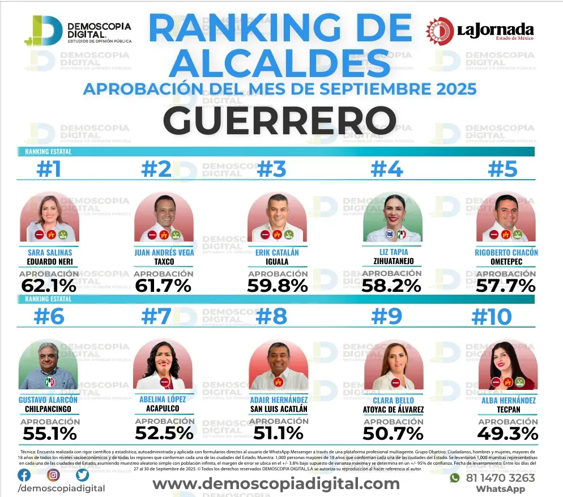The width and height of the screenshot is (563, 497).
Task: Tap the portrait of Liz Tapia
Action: [x=393, y=218]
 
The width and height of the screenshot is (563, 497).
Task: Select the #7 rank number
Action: [x=156, y=316]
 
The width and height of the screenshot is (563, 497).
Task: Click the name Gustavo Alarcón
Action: [x=48, y=400]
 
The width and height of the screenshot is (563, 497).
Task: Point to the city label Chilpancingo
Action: [x=48, y=409]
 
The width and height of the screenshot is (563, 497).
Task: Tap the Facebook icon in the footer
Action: [x=24, y=475]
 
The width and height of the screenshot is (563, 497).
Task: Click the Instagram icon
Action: [x=53, y=475]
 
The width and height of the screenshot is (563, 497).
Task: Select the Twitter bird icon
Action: [x=83, y=475]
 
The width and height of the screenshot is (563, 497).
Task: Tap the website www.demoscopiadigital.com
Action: [x=276, y=483]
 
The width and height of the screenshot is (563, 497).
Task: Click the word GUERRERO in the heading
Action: [x=279, y=120]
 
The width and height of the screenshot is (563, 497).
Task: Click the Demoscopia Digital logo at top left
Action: [x=78, y=31]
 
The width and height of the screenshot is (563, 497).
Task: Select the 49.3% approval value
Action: [x=507, y=434]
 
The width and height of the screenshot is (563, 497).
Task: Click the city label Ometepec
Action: [x=506, y=261]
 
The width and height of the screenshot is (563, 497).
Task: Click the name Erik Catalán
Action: [x=278, y=252]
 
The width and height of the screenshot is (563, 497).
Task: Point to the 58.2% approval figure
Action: [x=391, y=286]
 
